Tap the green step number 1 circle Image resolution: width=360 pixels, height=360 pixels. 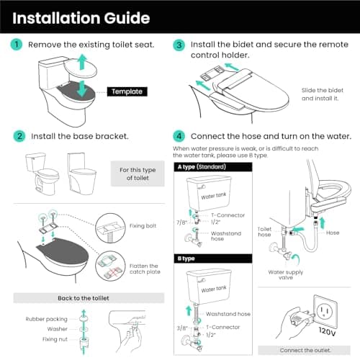pyautogui.click(x=17, y=45)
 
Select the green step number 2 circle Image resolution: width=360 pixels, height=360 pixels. pyautogui.click(x=17, y=135)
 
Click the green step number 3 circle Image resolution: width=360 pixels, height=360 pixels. pyautogui.click(x=179, y=45)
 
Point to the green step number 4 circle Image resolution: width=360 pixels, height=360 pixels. pyautogui.click(x=179, y=135)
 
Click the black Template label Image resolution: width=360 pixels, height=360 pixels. pyautogui.click(x=127, y=91)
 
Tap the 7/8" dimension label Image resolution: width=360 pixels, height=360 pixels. pyautogui.click(x=180, y=222)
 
